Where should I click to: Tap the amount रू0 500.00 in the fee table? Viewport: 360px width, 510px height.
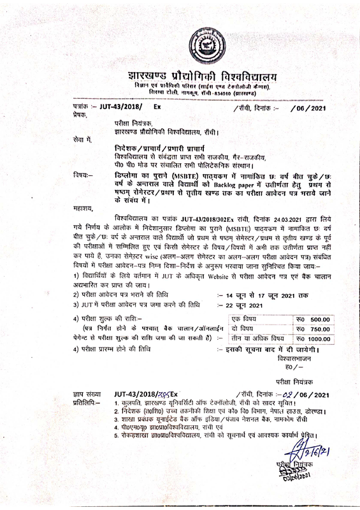click(x=316, y=319)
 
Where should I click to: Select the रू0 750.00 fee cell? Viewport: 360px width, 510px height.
click(x=316, y=328)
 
